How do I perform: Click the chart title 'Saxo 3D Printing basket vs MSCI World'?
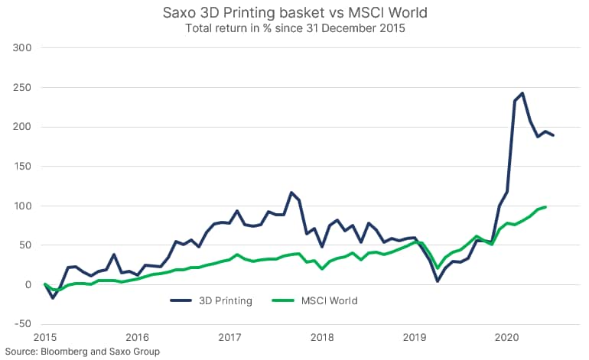tap(294, 13)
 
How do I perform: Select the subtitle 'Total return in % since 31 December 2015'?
tap(294, 29)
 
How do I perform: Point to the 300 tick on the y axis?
tap(22, 47)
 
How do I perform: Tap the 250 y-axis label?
tap(22, 87)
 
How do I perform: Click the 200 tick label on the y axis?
tap(22, 127)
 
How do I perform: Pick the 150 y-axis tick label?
tap(22, 167)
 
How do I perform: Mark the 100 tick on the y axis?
tap(22, 206)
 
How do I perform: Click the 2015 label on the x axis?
tap(45, 337)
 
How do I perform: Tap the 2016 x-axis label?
tap(137, 337)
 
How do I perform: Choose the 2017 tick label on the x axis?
tap(229, 337)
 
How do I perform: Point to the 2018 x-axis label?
tap(321, 337)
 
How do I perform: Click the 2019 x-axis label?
tap(414, 337)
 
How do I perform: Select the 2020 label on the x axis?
tap(506, 337)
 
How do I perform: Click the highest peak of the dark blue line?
tap(522, 93)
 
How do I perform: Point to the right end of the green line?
tap(545, 206)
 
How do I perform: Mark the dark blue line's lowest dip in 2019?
tap(438, 281)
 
